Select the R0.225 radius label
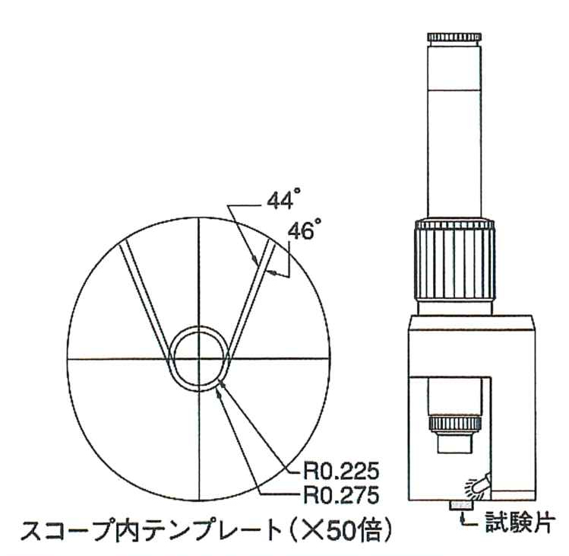click(x=341, y=472)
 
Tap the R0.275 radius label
click(x=341, y=494)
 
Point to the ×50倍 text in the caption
click(x=349, y=532)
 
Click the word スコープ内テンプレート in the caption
click(x=152, y=532)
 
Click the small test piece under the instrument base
click(x=462, y=506)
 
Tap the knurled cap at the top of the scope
click(x=455, y=37)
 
